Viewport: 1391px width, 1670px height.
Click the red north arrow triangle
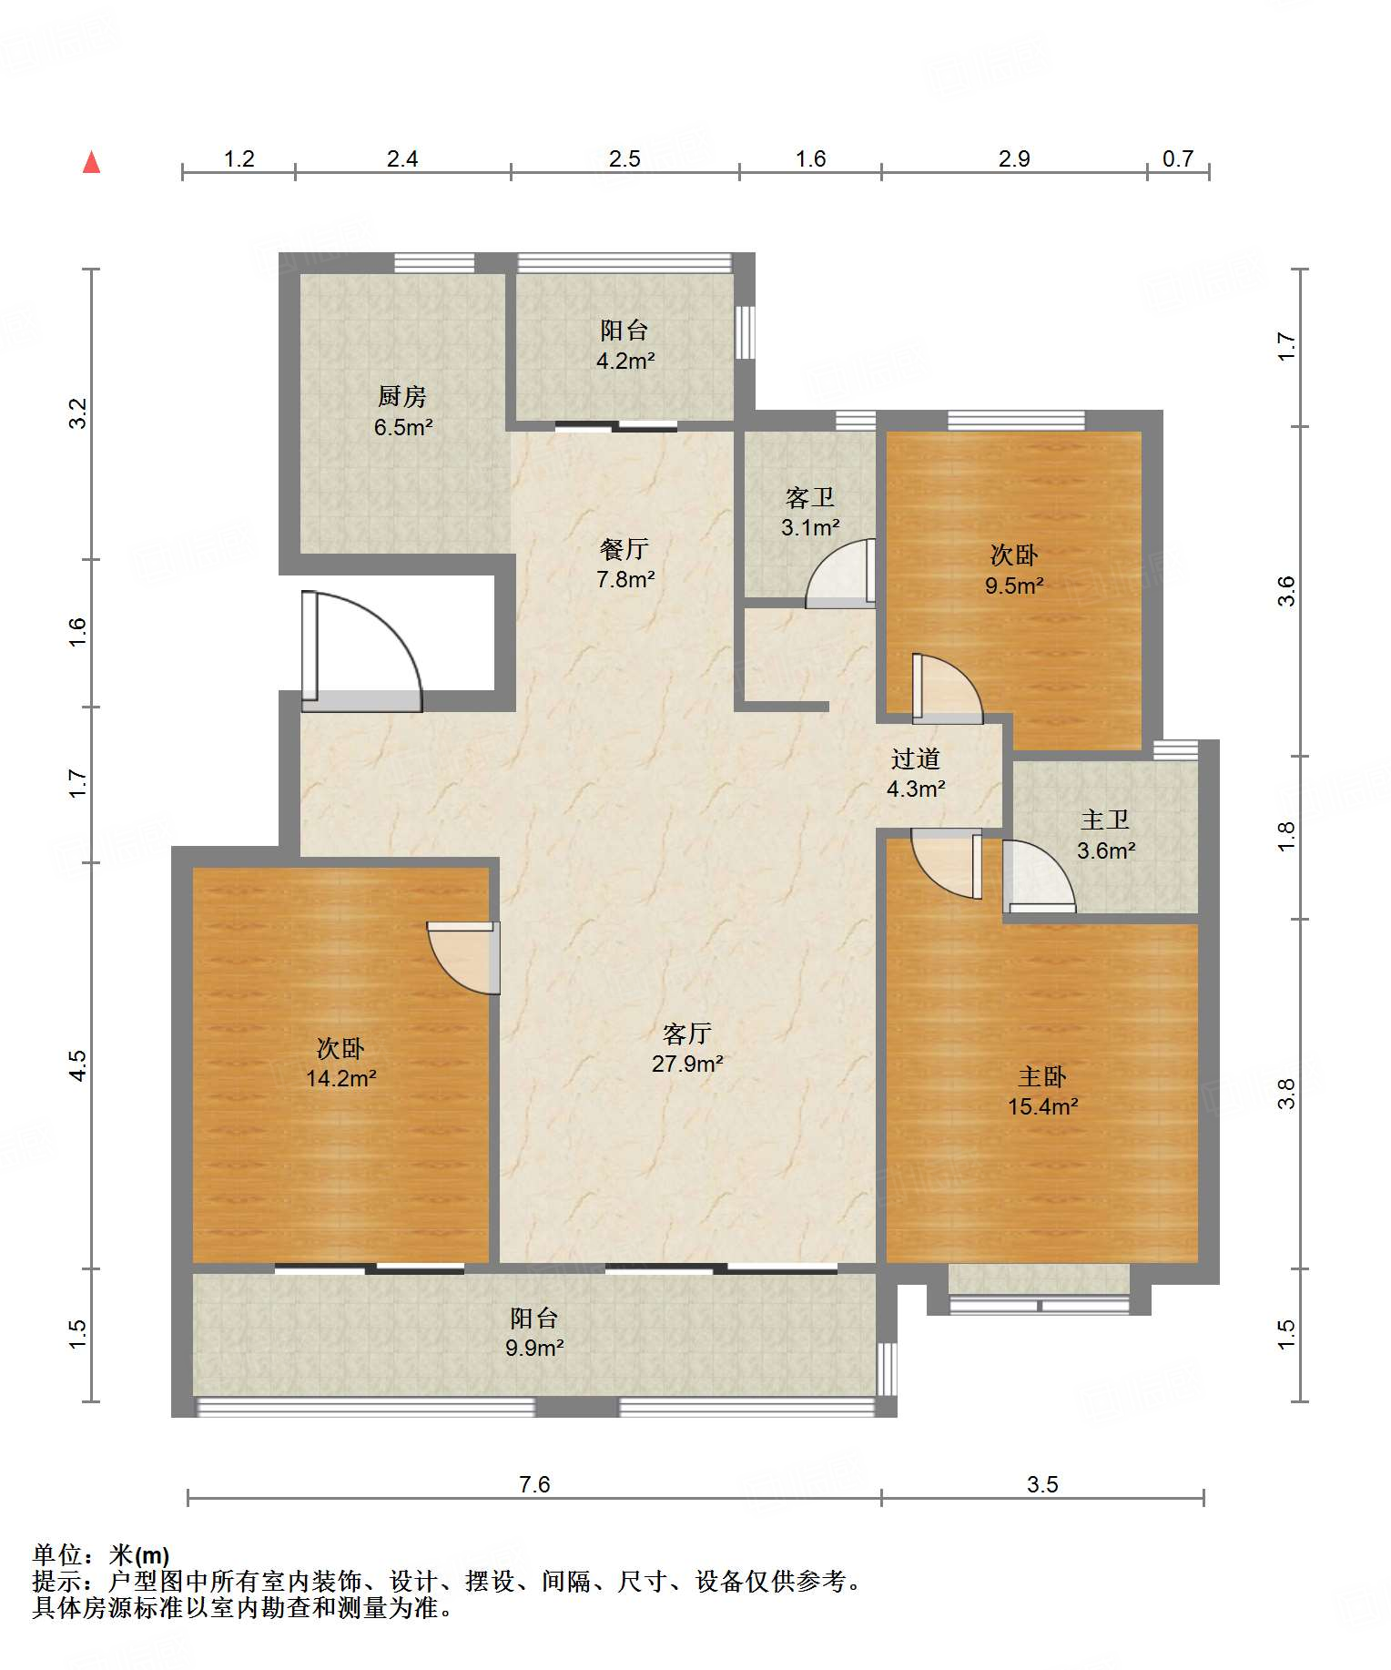coord(91,162)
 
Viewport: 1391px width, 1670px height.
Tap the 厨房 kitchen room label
coord(401,396)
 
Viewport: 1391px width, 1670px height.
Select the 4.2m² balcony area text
coord(625,361)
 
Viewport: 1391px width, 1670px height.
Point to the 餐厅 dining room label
coord(624,549)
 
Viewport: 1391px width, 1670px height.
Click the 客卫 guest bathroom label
coord(809,497)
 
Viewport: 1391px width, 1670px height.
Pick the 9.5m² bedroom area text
coord(1013,585)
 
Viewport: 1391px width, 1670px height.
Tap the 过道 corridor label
coord(915,759)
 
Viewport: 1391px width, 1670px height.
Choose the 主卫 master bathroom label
coord(1105,820)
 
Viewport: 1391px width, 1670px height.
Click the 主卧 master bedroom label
coord(1042,1077)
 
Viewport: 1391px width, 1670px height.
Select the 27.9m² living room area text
coord(687,1063)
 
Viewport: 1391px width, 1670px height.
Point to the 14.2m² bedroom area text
coord(340,1078)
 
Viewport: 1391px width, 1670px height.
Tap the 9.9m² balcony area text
coord(534,1348)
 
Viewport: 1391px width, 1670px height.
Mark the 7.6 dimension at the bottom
coord(534,1484)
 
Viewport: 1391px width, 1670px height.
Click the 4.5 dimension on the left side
coord(78,1065)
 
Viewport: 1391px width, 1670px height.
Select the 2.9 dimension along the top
coord(1014,158)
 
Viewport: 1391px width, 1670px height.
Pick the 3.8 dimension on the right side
coord(1285,1094)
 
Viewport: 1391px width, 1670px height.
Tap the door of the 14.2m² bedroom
coord(463,958)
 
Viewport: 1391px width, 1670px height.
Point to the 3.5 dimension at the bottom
coord(1042,1484)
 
